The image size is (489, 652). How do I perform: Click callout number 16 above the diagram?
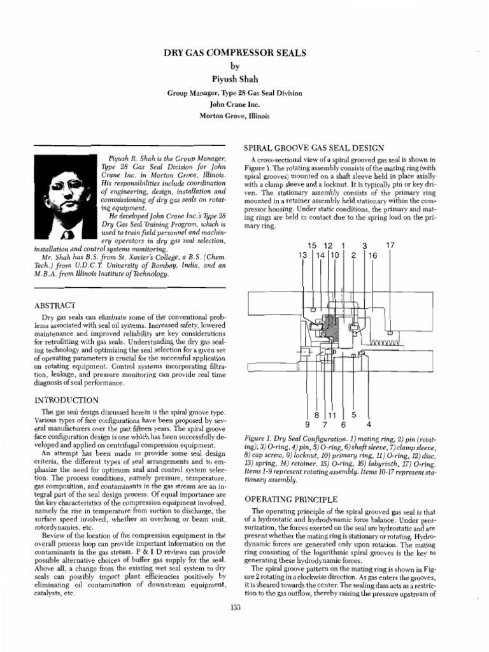[x=373, y=255]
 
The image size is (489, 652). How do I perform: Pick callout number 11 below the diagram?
[x=331, y=414]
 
